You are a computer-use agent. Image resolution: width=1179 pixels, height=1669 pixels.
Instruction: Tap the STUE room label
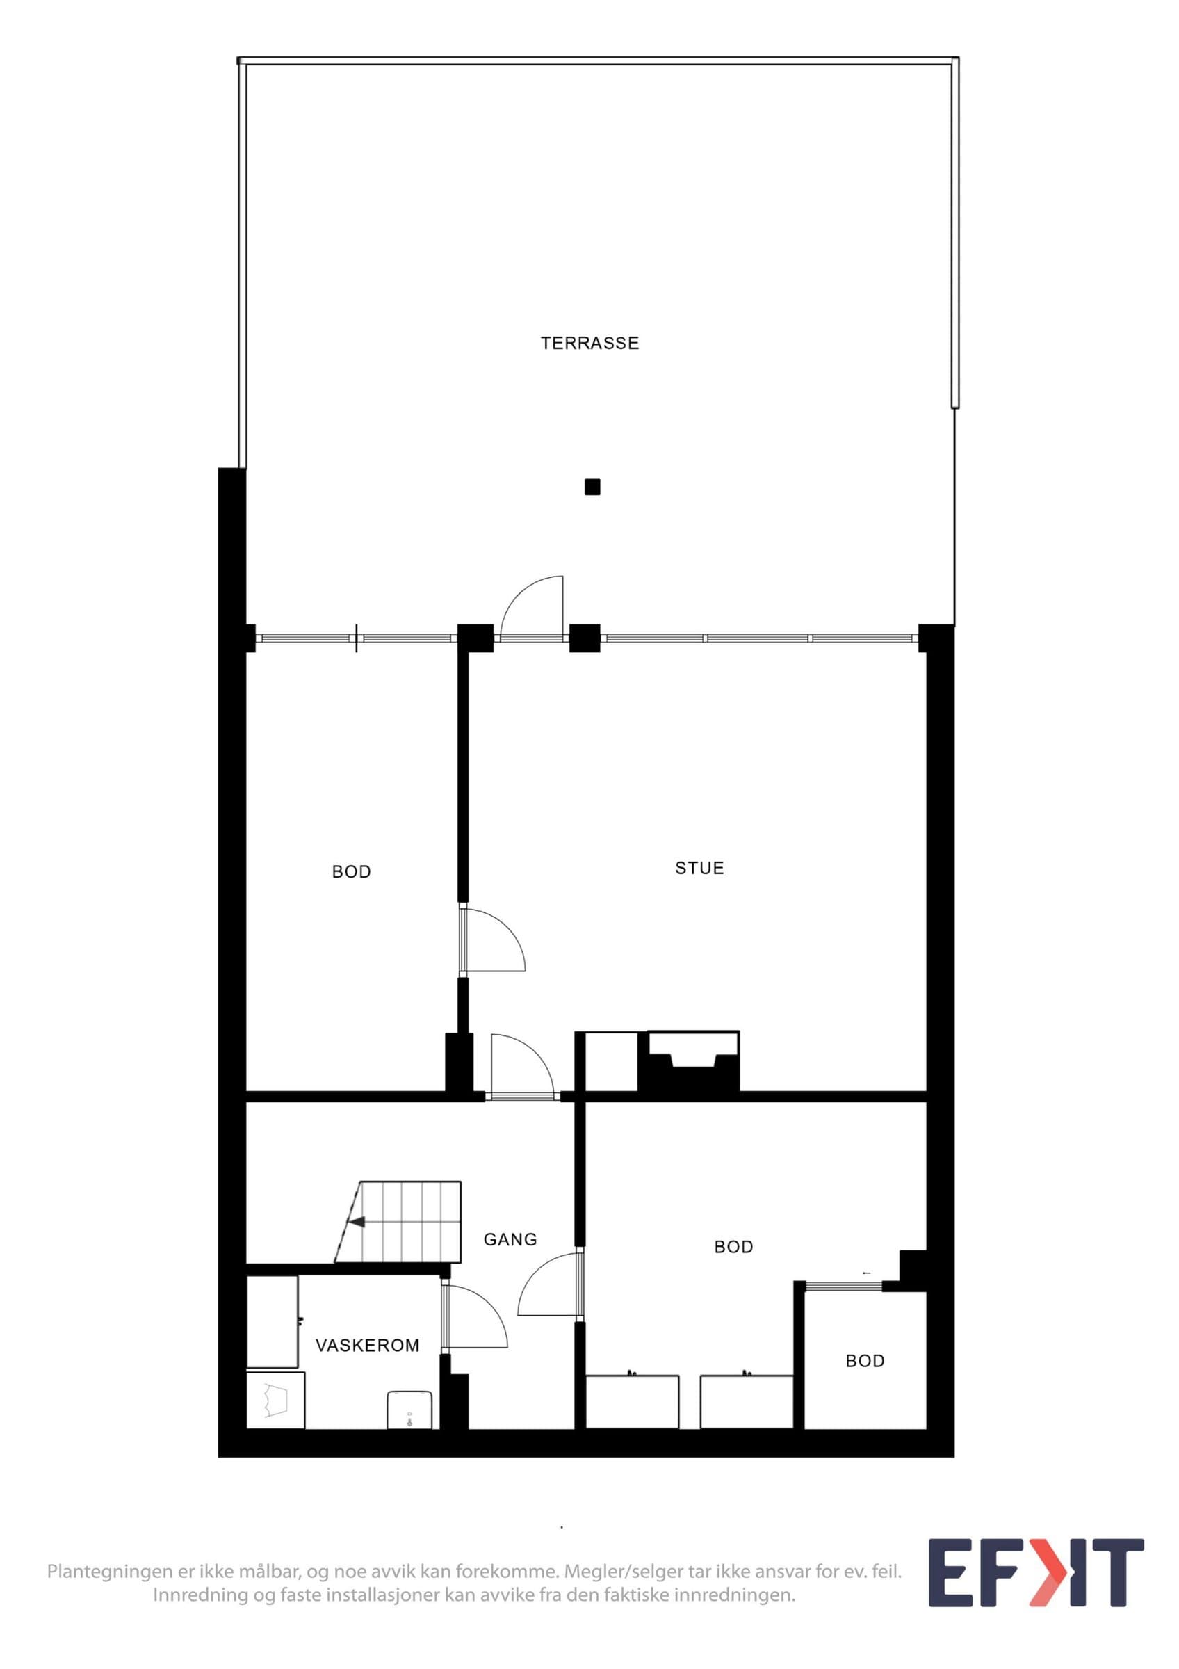click(699, 868)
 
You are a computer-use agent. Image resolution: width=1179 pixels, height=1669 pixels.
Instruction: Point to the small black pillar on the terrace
click(592, 487)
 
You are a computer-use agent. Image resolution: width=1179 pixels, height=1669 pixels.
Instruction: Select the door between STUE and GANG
click(521, 1065)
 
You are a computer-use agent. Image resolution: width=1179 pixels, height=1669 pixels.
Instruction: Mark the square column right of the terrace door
click(585, 638)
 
